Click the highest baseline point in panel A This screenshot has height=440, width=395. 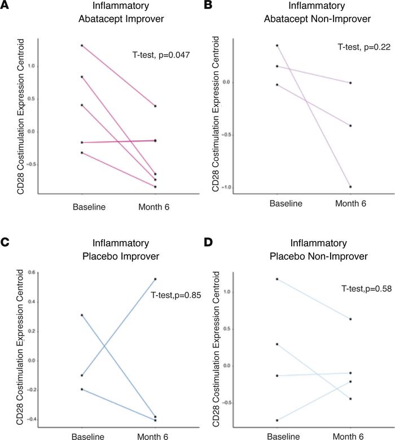tap(82, 45)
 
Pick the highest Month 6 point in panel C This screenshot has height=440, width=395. tap(155, 279)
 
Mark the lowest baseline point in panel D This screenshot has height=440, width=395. tap(276, 420)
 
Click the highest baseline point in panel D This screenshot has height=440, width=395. tap(276, 278)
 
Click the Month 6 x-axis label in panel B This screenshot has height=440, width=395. tap(350, 203)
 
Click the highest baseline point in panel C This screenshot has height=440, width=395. tap(82, 315)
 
